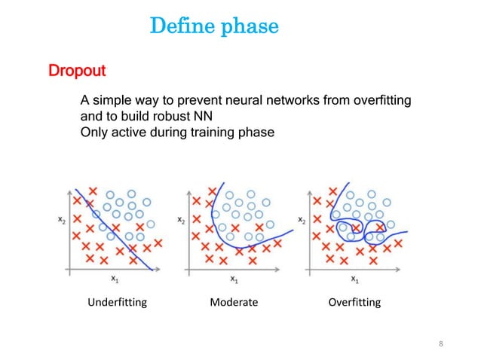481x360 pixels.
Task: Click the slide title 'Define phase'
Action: coord(214,28)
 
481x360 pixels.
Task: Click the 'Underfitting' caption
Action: coord(117,303)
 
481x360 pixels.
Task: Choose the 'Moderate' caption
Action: coord(233,303)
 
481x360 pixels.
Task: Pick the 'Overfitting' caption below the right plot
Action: coord(354,303)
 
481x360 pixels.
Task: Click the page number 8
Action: coord(441,344)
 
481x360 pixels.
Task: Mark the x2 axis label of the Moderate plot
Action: coord(179,219)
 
